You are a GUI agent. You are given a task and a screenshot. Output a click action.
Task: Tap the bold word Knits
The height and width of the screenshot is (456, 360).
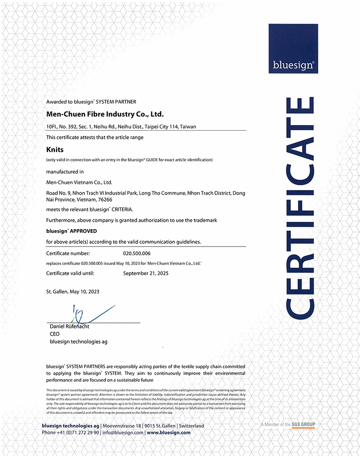click(x=55, y=149)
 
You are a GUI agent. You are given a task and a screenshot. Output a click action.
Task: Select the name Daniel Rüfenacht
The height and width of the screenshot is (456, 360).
click(x=70, y=327)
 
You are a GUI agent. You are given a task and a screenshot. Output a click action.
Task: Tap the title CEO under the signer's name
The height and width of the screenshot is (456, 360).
click(x=54, y=334)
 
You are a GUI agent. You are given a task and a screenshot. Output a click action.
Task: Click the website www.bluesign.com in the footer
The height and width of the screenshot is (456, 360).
click(x=168, y=432)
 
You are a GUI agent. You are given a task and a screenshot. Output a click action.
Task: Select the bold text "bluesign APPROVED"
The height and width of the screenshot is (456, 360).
click(x=72, y=231)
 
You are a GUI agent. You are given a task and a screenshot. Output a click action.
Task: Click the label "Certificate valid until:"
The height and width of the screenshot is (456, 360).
click(x=70, y=273)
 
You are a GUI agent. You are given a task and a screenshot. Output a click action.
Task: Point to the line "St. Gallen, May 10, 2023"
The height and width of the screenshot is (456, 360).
click(x=72, y=291)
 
